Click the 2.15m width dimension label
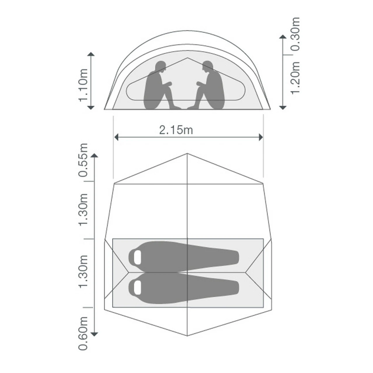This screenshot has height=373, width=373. click(x=176, y=130)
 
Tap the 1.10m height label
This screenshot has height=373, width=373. click(x=83, y=85)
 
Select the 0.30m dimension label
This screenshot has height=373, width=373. click(x=295, y=34)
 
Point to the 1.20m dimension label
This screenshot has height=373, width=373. click(x=295, y=78)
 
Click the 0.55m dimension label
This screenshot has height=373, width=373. click(x=83, y=160)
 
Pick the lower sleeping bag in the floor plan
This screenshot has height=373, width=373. click(x=184, y=288)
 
